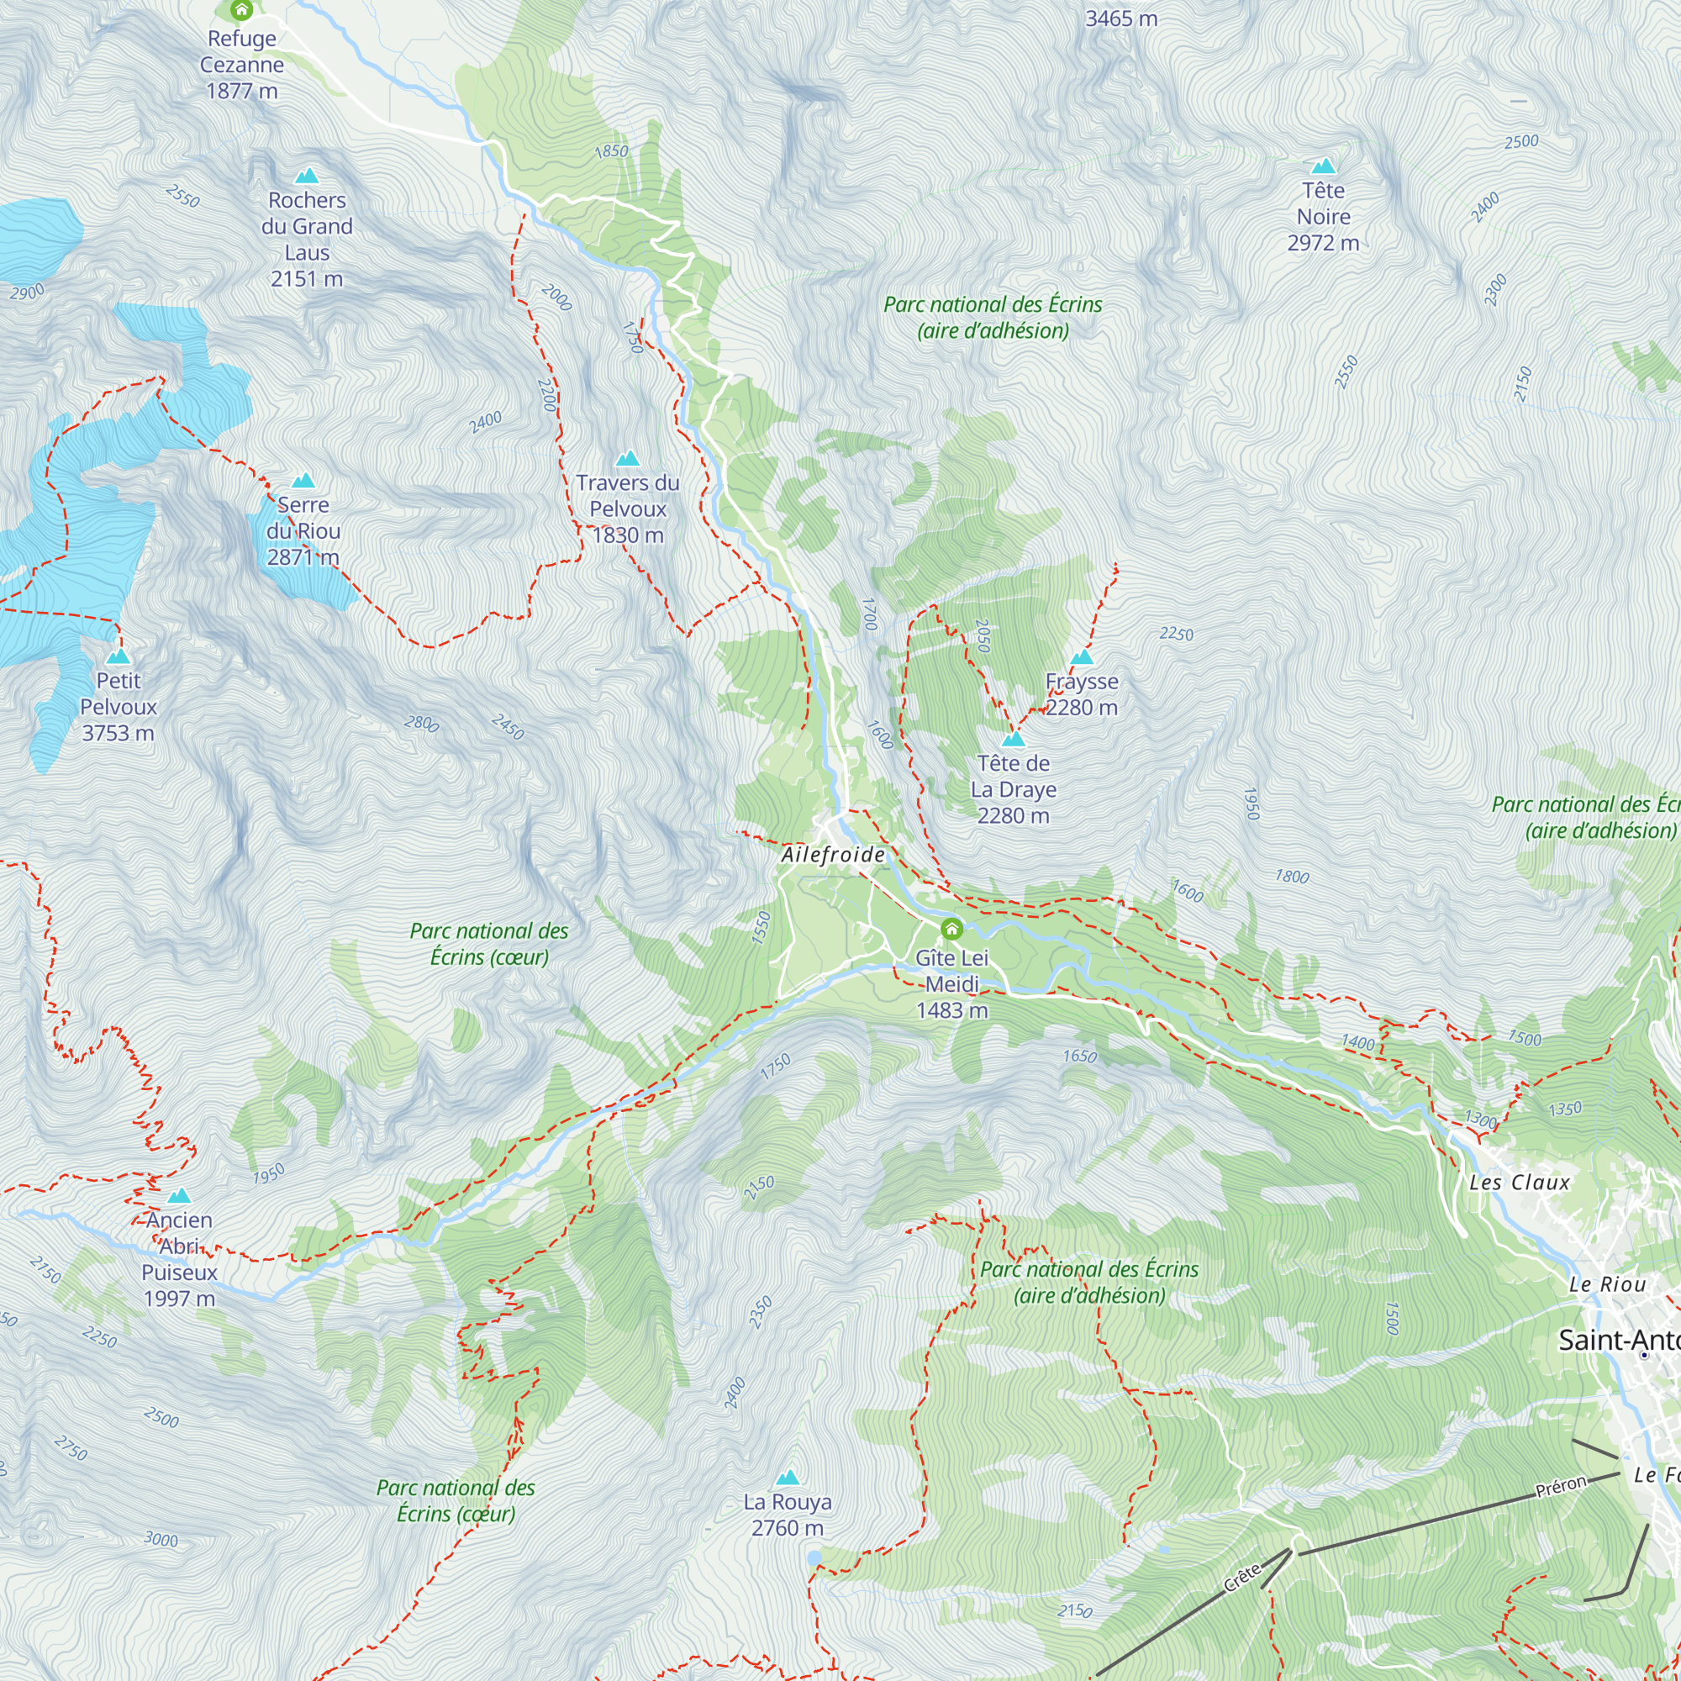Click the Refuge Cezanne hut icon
click(242, 9)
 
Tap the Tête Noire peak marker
click(1324, 166)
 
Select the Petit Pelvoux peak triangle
click(119, 656)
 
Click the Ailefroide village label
click(833, 855)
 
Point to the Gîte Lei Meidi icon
click(952, 930)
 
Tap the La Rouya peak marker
click(788, 1478)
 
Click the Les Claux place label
click(1519, 1183)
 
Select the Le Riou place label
click(1607, 1284)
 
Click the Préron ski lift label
click(1561, 1487)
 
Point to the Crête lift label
click(1241, 1578)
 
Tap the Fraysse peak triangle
click(1082, 658)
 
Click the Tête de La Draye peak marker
click(1013, 740)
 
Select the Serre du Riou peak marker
click(303, 481)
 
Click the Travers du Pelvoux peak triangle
click(627, 459)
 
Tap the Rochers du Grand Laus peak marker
click(306, 177)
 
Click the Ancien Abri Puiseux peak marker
click(179, 1195)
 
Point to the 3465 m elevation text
click(1120, 18)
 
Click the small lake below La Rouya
click(814, 1558)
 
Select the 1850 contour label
click(611, 151)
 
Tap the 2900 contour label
click(27, 292)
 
